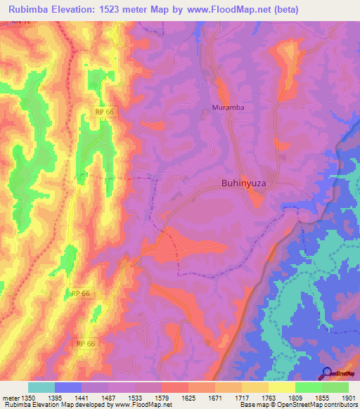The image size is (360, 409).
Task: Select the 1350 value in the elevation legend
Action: [27, 398]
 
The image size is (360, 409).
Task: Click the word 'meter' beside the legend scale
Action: [10, 398]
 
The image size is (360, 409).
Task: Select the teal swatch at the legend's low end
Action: [41, 387]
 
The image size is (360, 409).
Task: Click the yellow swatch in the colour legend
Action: [282, 387]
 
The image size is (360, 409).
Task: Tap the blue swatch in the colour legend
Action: [68, 387]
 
